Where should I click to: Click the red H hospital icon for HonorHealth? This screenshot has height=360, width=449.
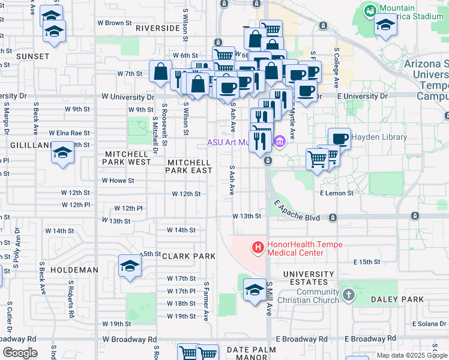(258, 247)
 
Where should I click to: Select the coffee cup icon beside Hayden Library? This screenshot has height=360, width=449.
(339, 139)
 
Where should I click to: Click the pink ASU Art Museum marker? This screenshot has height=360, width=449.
(279, 142)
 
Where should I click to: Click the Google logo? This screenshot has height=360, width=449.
(20, 353)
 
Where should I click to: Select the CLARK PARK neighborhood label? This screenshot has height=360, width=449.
(187, 256)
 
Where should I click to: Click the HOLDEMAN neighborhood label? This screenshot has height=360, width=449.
(74, 270)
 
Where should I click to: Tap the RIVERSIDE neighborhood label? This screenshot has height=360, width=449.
(157, 28)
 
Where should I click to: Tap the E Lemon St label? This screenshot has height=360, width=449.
(336, 193)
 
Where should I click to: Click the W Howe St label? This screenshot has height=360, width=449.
(118, 180)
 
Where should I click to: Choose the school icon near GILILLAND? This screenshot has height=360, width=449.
(62, 153)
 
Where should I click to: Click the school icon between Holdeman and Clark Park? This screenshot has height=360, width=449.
(130, 266)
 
